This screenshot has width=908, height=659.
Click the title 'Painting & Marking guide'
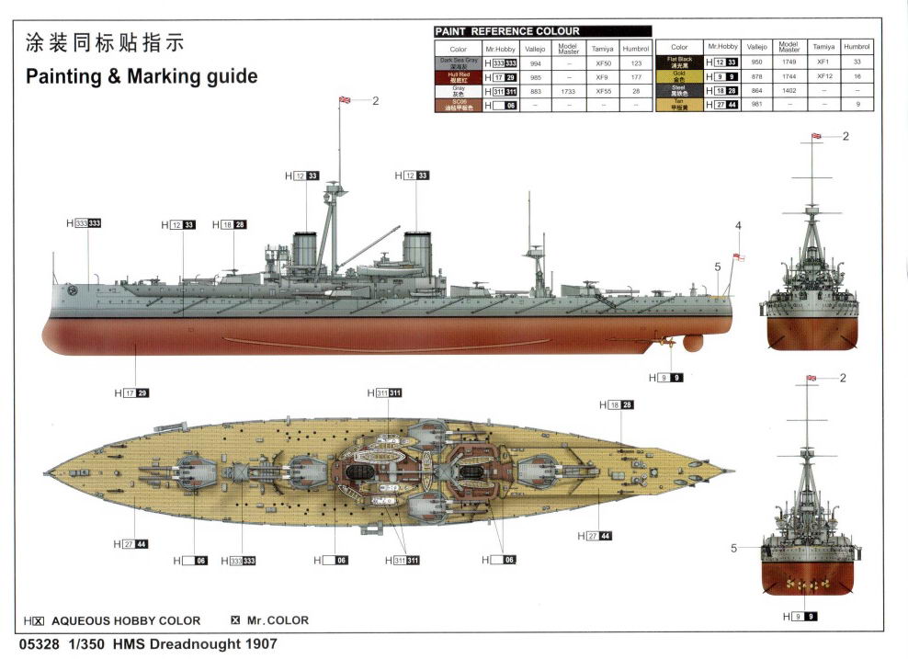[x=136, y=76]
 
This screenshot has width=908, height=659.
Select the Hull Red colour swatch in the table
[x=458, y=77]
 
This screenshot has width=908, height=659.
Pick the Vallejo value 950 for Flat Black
[x=756, y=62]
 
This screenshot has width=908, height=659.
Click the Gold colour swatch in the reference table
[x=679, y=76]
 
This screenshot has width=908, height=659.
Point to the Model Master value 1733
[x=567, y=91]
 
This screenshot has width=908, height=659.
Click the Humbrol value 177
[x=635, y=77]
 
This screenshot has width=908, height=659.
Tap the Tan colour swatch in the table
[x=679, y=105]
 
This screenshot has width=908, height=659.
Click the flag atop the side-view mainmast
[x=346, y=99]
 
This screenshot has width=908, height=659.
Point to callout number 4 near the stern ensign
[x=737, y=225]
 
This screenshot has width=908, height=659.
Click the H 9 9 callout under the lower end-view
[x=798, y=617]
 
